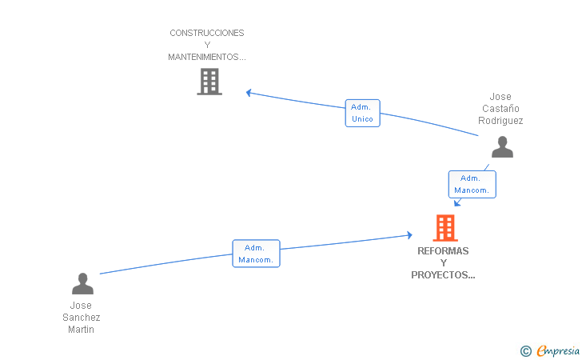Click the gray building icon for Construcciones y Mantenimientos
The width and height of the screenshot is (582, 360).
pyautogui.click(x=209, y=82)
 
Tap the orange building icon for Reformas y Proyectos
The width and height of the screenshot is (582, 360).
pyautogui.click(x=445, y=228)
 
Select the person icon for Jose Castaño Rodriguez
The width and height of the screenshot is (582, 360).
pyautogui.click(x=502, y=147)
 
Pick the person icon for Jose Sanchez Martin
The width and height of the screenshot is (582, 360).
pyautogui.click(x=82, y=284)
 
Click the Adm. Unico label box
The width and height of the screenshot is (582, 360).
pyautogui.click(x=362, y=113)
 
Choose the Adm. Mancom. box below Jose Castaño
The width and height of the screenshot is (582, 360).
pyautogui.click(x=472, y=184)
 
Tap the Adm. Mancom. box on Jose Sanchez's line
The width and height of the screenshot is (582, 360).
pyautogui.click(x=256, y=254)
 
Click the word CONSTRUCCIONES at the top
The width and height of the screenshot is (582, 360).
pyautogui.click(x=207, y=33)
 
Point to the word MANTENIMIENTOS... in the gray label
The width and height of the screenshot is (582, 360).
pyautogui.click(x=207, y=57)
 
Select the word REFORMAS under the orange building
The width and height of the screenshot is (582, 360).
pyautogui.click(x=443, y=251)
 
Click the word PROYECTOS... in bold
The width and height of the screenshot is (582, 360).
pyautogui.click(x=443, y=275)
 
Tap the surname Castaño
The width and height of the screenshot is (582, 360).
pyautogui.click(x=500, y=109)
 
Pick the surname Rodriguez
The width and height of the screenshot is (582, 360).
pyautogui.click(x=500, y=121)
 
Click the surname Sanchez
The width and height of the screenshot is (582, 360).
pyautogui.click(x=81, y=317)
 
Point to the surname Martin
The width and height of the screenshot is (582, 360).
pyautogui.click(x=81, y=329)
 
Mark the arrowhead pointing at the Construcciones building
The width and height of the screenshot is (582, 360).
pyautogui.click(x=249, y=93)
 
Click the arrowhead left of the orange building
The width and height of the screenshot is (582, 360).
pyautogui.click(x=409, y=234)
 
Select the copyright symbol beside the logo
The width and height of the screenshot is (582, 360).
pyautogui.click(x=525, y=350)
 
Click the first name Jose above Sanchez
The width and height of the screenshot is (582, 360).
pyautogui.click(x=81, y=305)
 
